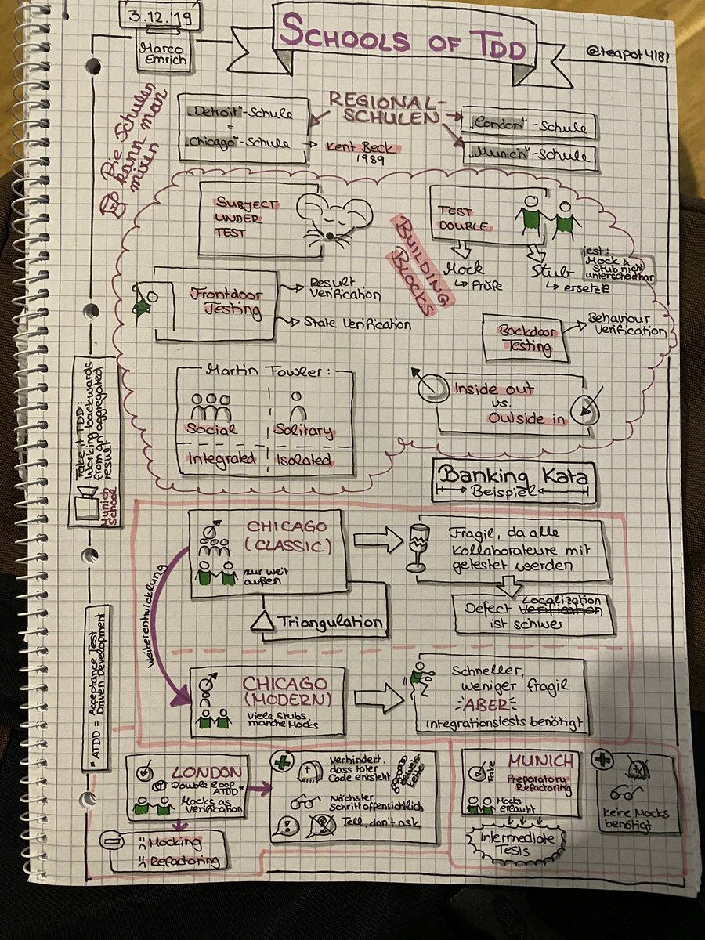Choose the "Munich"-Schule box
529,157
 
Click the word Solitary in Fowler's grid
304,431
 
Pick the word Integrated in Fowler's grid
220,459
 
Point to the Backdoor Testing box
526,338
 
